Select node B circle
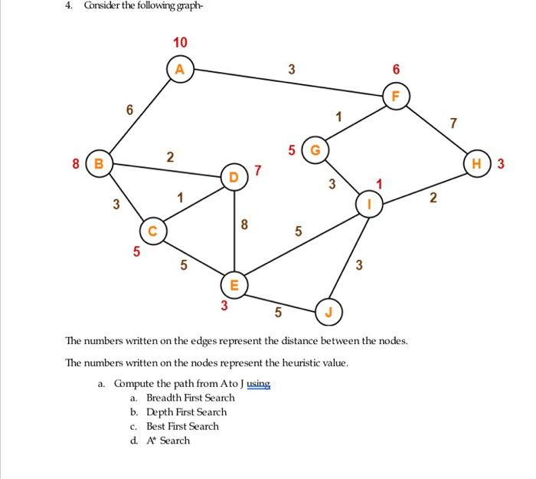[98, 162]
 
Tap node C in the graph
[152, 230]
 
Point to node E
[234, 286]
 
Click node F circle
[395, 97]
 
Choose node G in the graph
[315, 148]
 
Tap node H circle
[478, 162]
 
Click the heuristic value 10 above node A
[180, 42]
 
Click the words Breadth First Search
[190, 398]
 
